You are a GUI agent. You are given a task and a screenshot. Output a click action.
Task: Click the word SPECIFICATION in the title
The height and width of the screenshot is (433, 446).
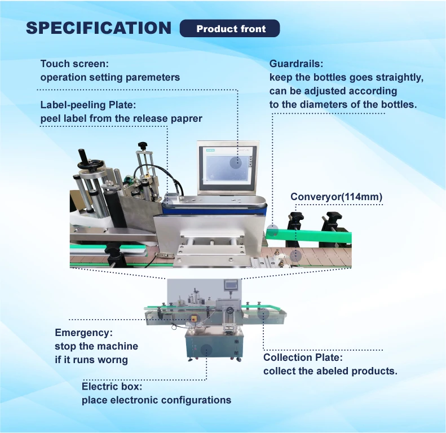[x=99, y=28]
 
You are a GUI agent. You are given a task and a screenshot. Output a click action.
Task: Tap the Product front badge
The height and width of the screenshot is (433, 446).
[x=231, y=29]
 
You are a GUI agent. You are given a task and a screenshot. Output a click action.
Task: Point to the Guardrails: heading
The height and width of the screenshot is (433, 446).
[x=296, y=64]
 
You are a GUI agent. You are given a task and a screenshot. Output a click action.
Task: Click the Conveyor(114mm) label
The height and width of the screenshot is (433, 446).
[x=336, y=197]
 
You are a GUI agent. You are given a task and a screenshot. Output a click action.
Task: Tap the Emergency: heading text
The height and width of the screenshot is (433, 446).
[x=83, y=333]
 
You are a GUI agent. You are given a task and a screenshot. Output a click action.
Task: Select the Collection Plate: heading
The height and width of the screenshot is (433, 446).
[x=303, y=357]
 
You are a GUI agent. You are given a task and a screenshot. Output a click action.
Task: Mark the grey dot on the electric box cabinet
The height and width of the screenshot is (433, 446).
[x=206, y=350]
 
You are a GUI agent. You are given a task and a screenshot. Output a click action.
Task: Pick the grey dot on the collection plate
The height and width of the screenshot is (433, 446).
[x=264, y=313]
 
